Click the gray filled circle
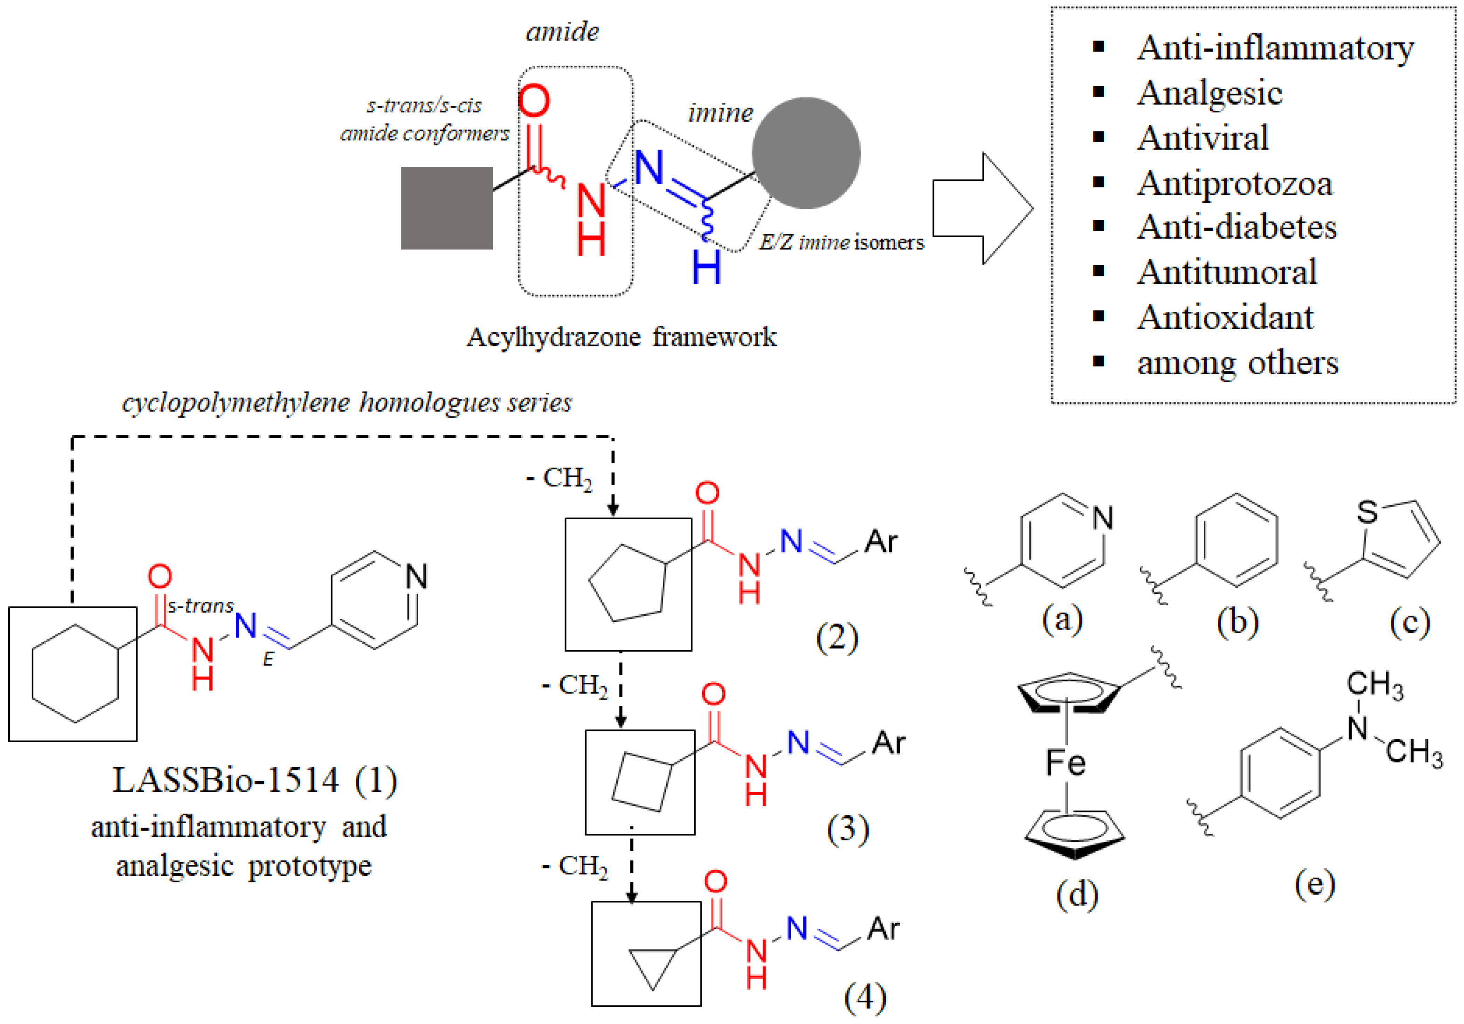[x=806, y=153]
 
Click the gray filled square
[x=446, y=208]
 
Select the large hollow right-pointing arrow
[x=982, y=208]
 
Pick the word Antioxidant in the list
[x=1225, y=317]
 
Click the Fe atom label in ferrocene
[x=1065, y=763]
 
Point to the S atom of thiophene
[x=1367, y=511]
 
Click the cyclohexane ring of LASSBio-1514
[x=75, y=674]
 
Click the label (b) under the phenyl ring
[x=1237, y=622]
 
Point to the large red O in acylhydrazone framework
[x=534, y=101]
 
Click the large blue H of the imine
[x=706, y=268]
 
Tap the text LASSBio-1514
[x=226, y=780]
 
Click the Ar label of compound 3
[x=888, y=743]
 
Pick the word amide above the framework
[x=562, y=32]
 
